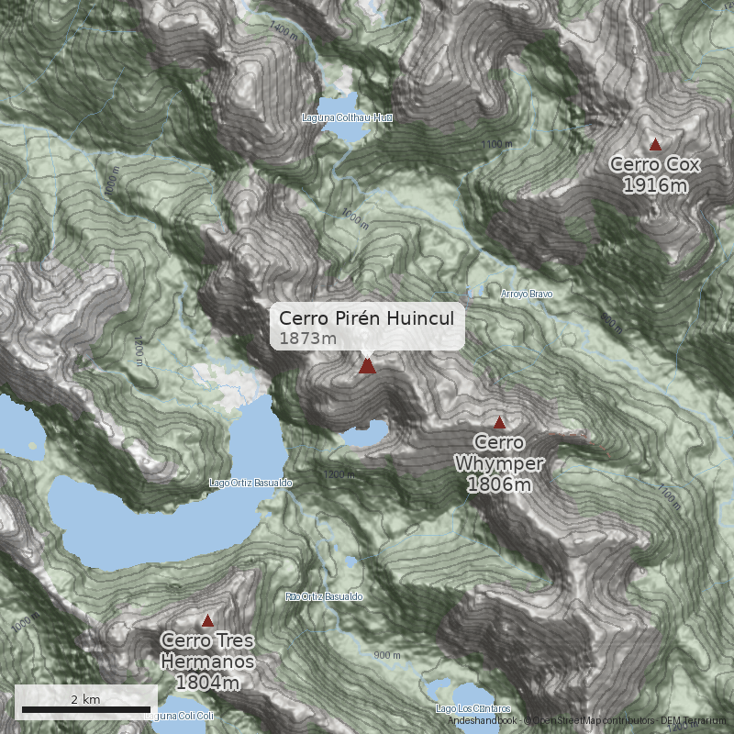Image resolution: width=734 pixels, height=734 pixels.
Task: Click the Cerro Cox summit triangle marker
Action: pyautogui.click(x=655, y=144)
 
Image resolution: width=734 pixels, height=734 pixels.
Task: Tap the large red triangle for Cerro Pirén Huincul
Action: pyautogui.click(x=368, y=366)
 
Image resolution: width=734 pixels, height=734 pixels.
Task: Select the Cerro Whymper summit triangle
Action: pyautogui.click(x=499, y=423)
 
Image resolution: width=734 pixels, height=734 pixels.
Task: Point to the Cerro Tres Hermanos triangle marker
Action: pyautogui.click(x=207, y=620)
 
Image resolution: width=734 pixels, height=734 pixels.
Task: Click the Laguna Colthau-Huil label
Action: pyautogui.click(x=347, y=117)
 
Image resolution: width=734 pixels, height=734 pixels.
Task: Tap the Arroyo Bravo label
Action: pyautogui.click(x=528, y=294)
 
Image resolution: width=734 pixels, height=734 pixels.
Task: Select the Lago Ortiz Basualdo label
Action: pyautogui.click(x=250, y=482)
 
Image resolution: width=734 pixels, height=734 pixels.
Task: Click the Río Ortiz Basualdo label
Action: pyautogui.click(x=324, y=596)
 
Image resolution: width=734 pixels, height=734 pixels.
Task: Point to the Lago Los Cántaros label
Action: pyautogui.click(x=473, y=708)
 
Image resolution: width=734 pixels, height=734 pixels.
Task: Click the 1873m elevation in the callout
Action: pyautogui.click(x=303, y=339)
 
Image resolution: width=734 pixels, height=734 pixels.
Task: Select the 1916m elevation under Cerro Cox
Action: pyautogui.click(x=655, y=185)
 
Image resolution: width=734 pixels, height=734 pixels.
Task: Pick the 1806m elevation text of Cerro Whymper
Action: pyautogui.click(x=499, y=484)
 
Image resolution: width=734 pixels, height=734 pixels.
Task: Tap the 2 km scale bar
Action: pyautogui.click(x=86, y=709)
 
